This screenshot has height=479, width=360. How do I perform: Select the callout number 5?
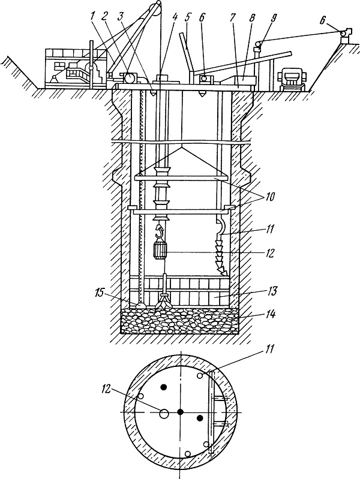pos(187,19)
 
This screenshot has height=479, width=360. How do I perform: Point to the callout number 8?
pos(252,19)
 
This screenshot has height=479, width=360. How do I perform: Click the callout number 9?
pos(274,19)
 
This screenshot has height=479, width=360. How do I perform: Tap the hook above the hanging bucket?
pos(160,231)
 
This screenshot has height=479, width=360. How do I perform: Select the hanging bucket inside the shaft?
pos(160,249)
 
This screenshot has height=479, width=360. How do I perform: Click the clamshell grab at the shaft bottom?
pos(163,301)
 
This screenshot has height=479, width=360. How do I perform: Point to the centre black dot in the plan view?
pos(181,412)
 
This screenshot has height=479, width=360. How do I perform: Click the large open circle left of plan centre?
pos(164,414)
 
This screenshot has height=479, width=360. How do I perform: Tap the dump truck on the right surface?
pos(290,80)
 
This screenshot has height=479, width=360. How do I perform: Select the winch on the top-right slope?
pos(346,33)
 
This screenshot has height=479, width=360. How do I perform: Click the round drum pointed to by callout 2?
pos(130,77)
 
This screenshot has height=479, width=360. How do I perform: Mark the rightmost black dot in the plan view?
pos(200,418)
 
